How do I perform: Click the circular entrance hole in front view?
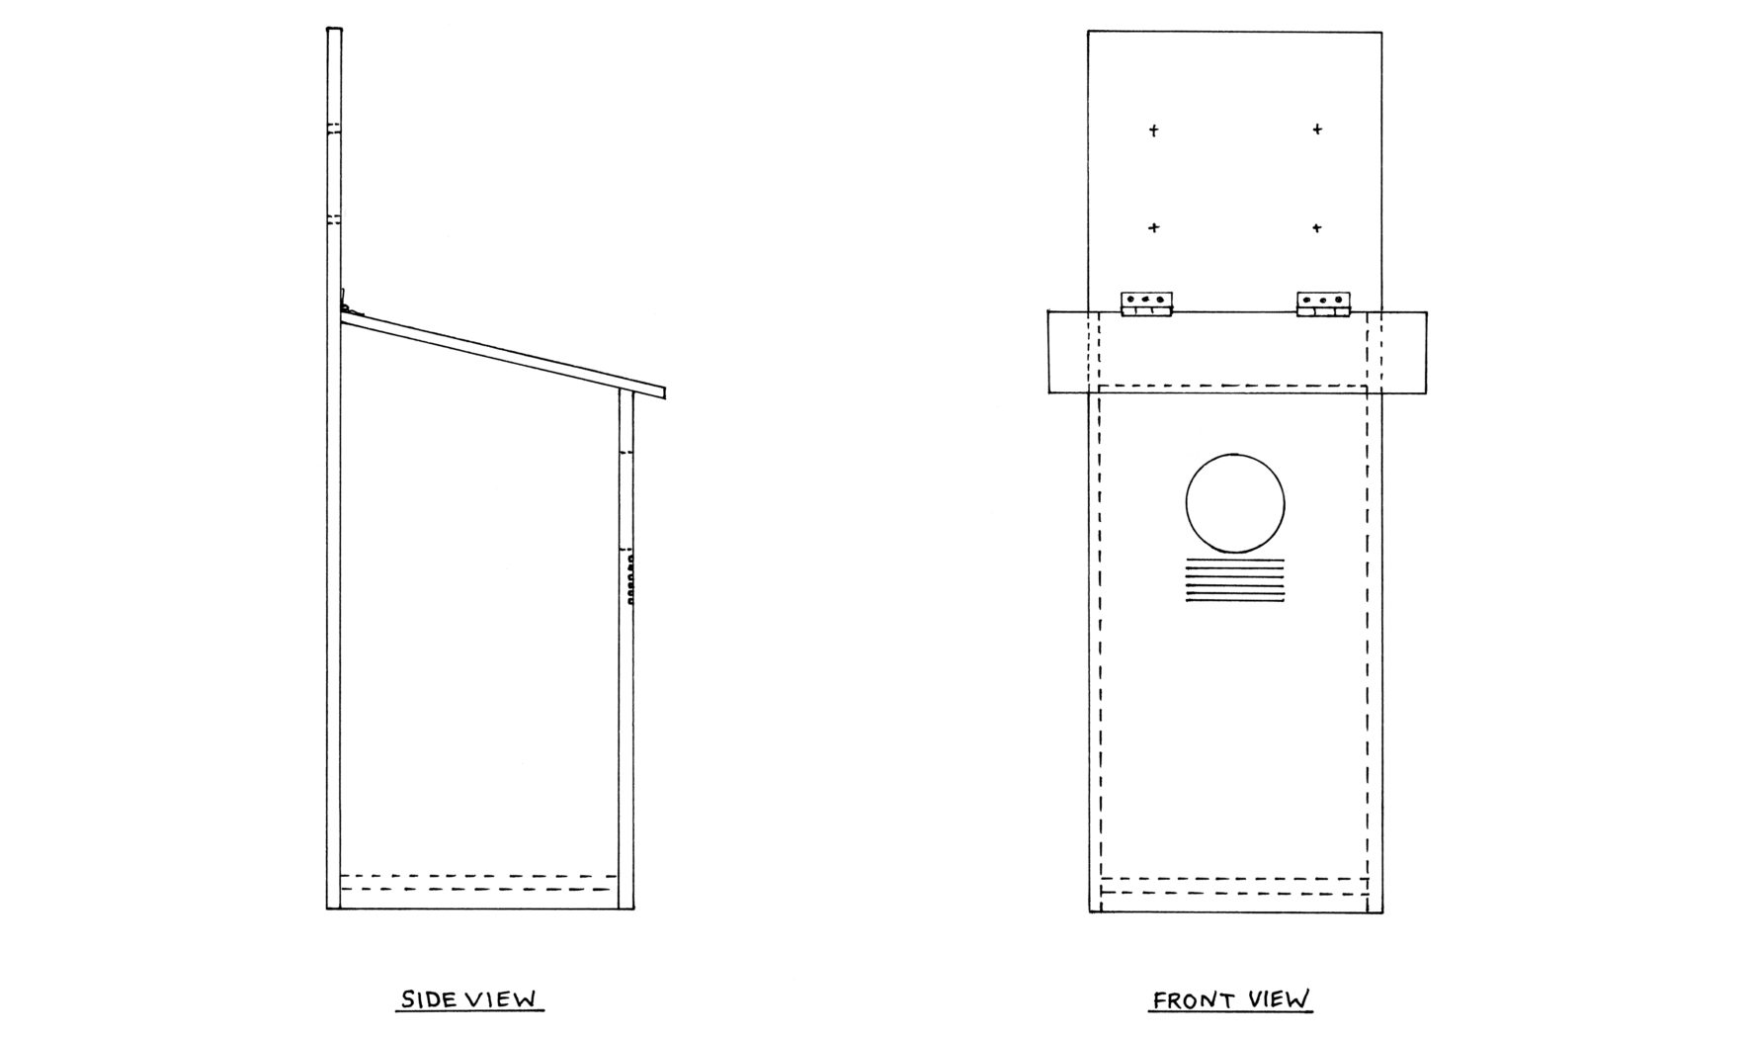point(1235,503)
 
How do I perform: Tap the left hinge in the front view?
point(1146,303)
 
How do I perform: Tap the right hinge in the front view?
point(1323,303)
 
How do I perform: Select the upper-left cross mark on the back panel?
point(1153,130)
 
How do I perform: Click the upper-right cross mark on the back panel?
point(1317,130)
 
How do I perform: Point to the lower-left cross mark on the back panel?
point(1153,228)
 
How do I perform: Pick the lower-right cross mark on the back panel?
point(1317,228)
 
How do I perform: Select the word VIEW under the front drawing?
point(1279,999)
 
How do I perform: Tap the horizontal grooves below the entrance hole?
point(1235,580)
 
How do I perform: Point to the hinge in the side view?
point(344,302)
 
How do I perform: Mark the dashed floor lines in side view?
point(477,883)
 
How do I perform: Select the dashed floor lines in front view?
point(1235,886)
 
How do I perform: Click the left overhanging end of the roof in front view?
point(1067,352)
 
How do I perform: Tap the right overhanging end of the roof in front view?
point(1403,352)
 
